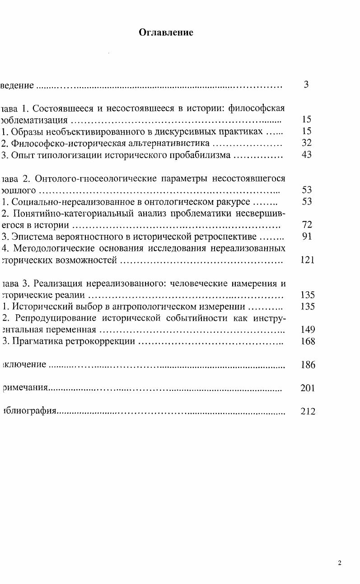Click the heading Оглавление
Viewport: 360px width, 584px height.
click(x=166, y=33)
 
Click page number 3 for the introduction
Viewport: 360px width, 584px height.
click(x=306, y=84)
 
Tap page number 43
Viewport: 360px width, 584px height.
click(x=307, y=155)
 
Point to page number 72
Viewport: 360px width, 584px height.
click(x=307, y=224)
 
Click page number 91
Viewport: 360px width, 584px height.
click(x=307, y=236)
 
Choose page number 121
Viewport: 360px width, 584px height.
click(x=307, y=260)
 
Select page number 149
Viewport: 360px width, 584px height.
click(x=307, y=329)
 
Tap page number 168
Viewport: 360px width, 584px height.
click(x=308, y=341)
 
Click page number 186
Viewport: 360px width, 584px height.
click(x=308, y=364)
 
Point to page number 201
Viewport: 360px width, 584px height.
click(x=307, y=388)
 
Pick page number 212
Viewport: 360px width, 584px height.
click(x=308, y=411)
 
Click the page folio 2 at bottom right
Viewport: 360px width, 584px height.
click(x=339, y=563)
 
